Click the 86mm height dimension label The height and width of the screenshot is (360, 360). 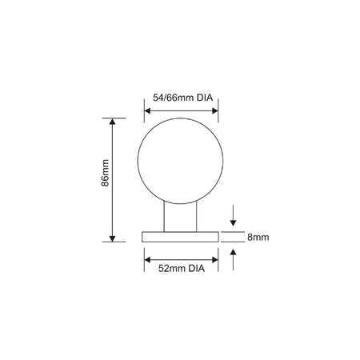[x=106, y=173]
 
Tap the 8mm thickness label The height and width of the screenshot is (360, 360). [x=258, y=237]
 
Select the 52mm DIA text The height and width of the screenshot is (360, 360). [x=182, y=268]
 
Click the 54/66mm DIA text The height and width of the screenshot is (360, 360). [x=182, y=98]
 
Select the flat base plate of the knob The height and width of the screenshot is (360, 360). [x=180, y=237]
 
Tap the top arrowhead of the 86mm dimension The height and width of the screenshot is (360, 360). [x=112, y=122]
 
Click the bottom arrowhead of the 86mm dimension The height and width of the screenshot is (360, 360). [x=112, y=238]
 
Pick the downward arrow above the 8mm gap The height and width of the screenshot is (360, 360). [x=233, y=215]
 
